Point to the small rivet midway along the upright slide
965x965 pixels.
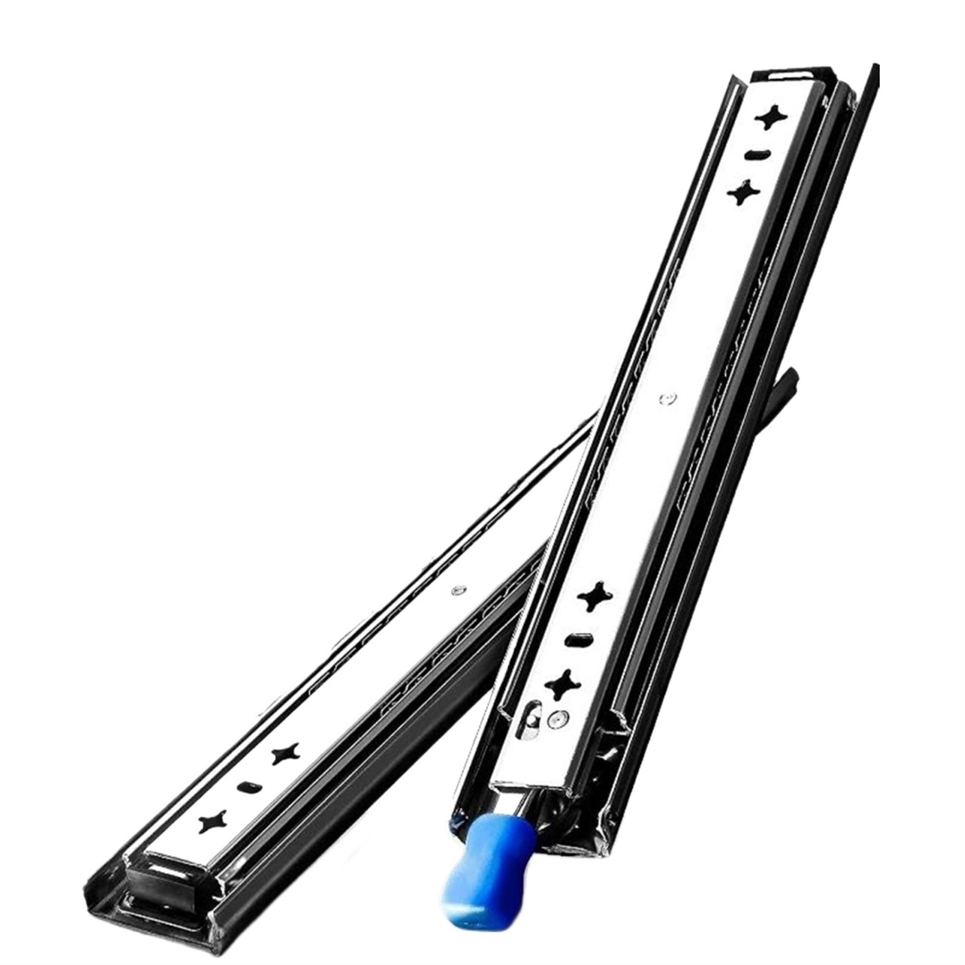pyautogui.click(x=666, y=397)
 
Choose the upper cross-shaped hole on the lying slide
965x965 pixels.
pyautogui.click(x=285, y=753)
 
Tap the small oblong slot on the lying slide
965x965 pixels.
pyautogui.click(x=248, y=786)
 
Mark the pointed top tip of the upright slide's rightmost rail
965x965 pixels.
pyautogui.click(x=874, y=67)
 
